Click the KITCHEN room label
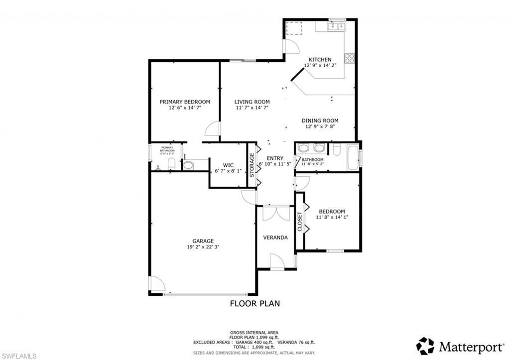320,60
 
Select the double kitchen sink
337,26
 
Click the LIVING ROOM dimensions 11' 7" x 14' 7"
252,108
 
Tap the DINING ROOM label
320,120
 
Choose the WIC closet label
228,165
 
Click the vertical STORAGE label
252,165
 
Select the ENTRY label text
275,158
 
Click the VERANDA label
275,238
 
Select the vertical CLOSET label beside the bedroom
300,222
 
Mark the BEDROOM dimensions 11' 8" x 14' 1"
331,217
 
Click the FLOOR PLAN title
255,303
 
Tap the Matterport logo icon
425,346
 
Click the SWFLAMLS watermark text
18,355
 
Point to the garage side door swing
157,284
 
